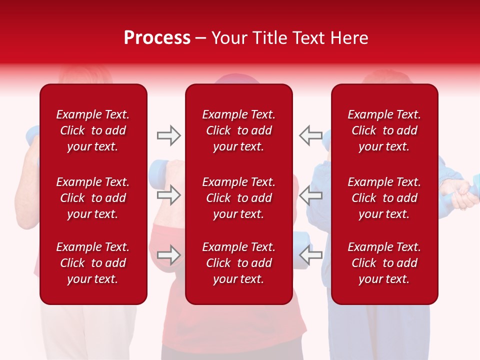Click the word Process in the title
click(x=157, y=38)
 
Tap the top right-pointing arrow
click(x=168, y=135)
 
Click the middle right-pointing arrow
click(x=168, y=195)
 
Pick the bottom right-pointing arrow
click(x=168, y=254)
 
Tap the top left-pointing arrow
click(x=311, y=135)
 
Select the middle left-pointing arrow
click(x=311, y=195)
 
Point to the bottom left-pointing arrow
click(x=311, y=254)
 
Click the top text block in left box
click(x=93, y=130)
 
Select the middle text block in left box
click(x=93, y=198)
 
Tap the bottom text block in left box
click(x=93, y=263)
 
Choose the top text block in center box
click(x=238, y=130)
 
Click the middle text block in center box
click(x=238, y=198)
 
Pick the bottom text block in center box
click(x=238, y=263)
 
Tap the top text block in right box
click(x=384, y=130)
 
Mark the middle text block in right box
click(x=384, y=198)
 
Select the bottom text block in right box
click(x=384, y=263)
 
